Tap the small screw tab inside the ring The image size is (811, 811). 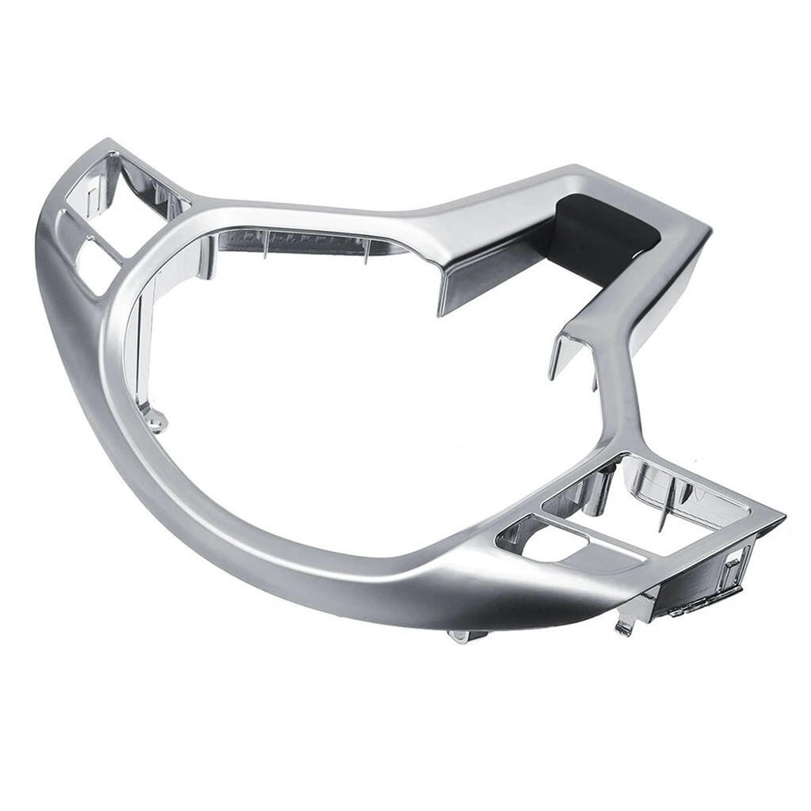(156, 421)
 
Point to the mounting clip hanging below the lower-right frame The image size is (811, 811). (625, 625)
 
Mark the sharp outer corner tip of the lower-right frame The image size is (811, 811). (783, 520)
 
